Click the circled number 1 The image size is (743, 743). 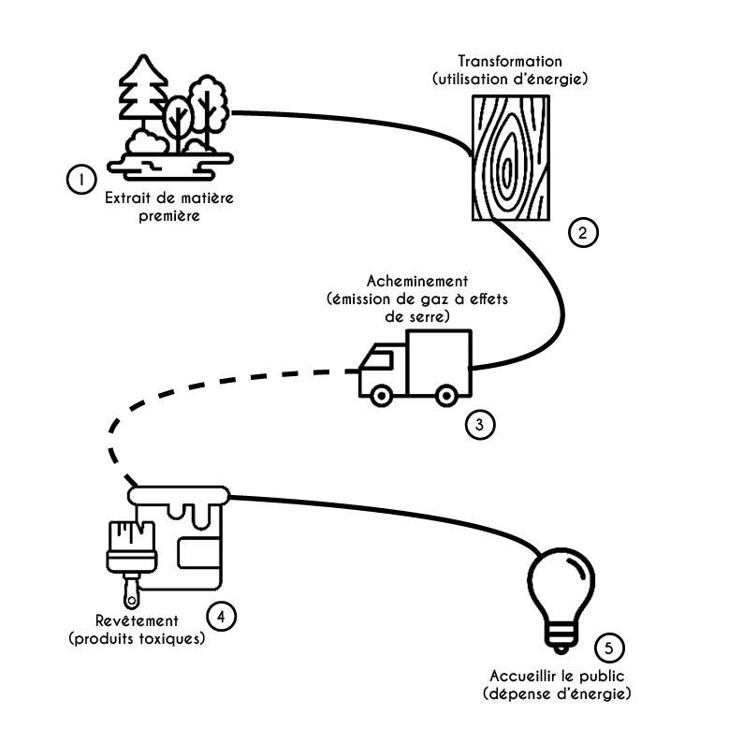[80, 178]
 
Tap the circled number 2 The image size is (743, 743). [582, 233]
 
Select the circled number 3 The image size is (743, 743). [479, 425]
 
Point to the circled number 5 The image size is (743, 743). [609, 648]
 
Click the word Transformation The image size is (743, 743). [510, 61]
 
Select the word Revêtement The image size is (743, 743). [138, 620]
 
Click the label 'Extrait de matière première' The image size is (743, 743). [156, 207]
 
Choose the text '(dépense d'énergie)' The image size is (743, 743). [557, 694]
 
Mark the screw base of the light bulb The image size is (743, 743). [561, 641]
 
